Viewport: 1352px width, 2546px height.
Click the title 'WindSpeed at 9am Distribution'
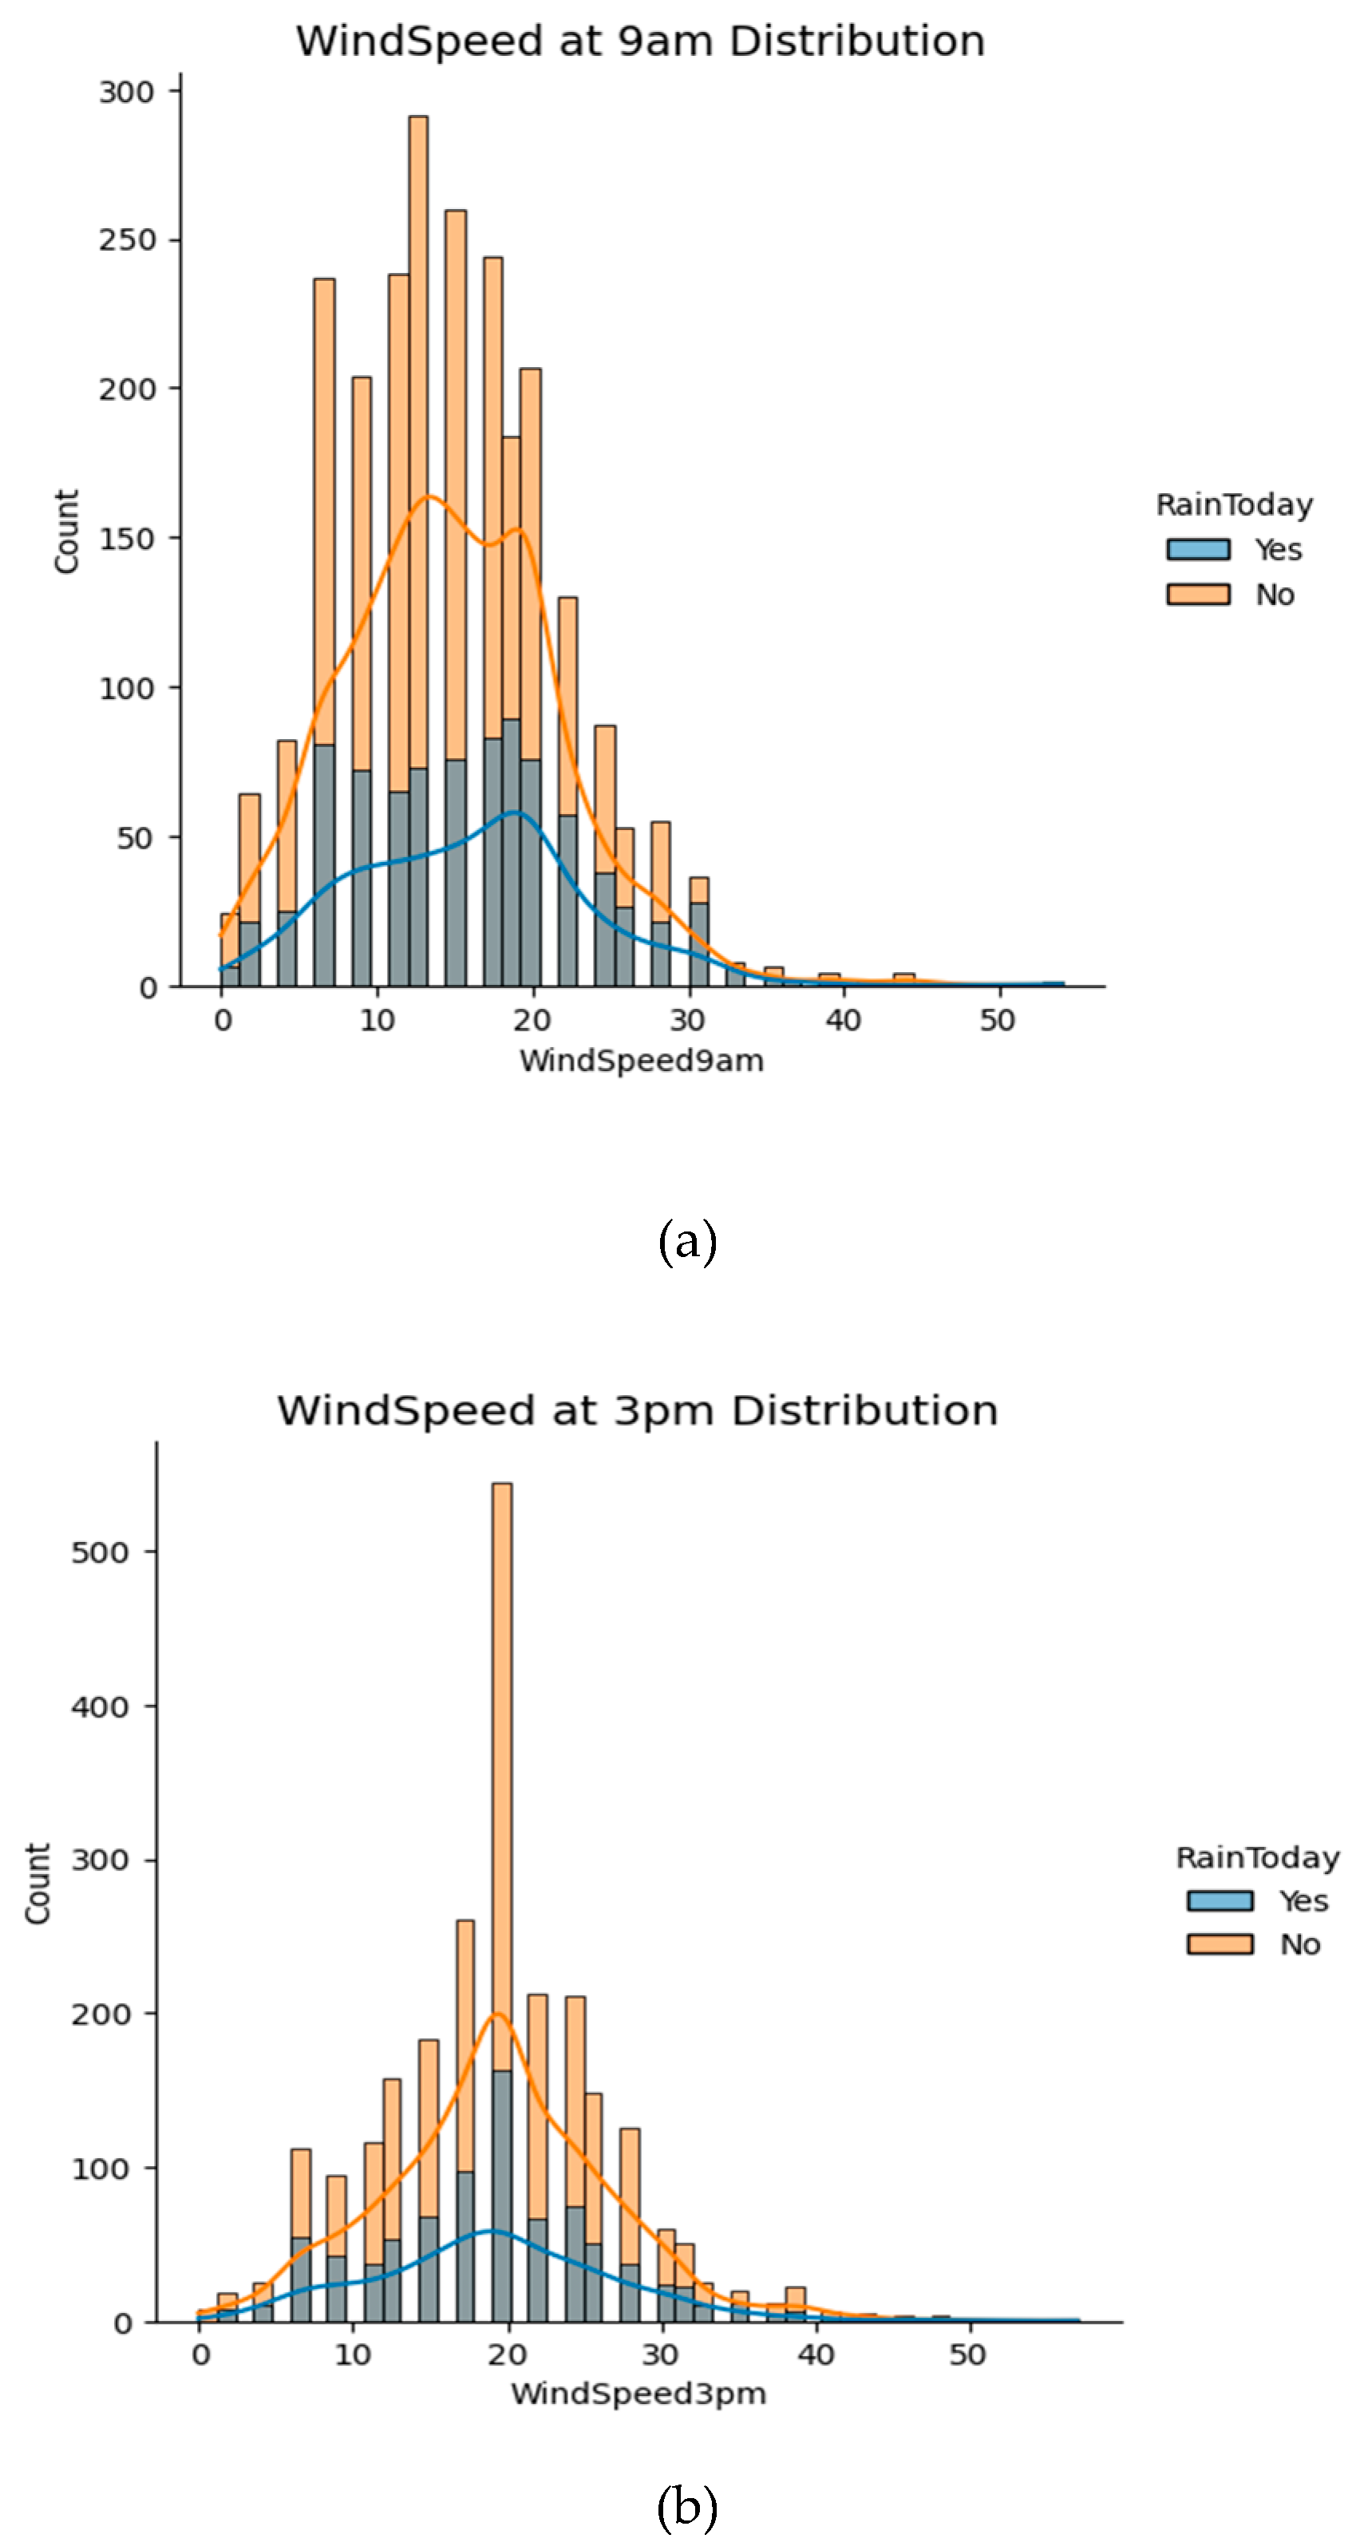pyautogui.click(x=640, y=42)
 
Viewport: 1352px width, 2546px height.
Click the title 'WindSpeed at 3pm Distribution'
pyautogui.click(x=638, y=1410)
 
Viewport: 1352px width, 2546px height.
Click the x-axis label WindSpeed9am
pyautogui.click(x=642, y=1061)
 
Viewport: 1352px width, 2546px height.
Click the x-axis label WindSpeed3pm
pyautogui.click(x=638, y=2394)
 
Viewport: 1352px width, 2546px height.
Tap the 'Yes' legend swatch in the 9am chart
pyautogui.click(x=1198, y=550)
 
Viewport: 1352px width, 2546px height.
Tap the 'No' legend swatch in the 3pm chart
pyautogui.click(x=1220, y=1944)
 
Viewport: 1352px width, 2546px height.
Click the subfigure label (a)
pyautogui.click(x=687, y=1240)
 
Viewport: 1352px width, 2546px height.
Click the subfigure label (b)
pyautogui.click(x=687, y=2505)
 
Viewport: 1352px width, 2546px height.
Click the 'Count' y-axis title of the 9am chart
pyautogui.click(x=66, y=531)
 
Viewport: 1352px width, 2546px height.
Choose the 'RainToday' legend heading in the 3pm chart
pyautogui.click(x=1257, y=1857)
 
